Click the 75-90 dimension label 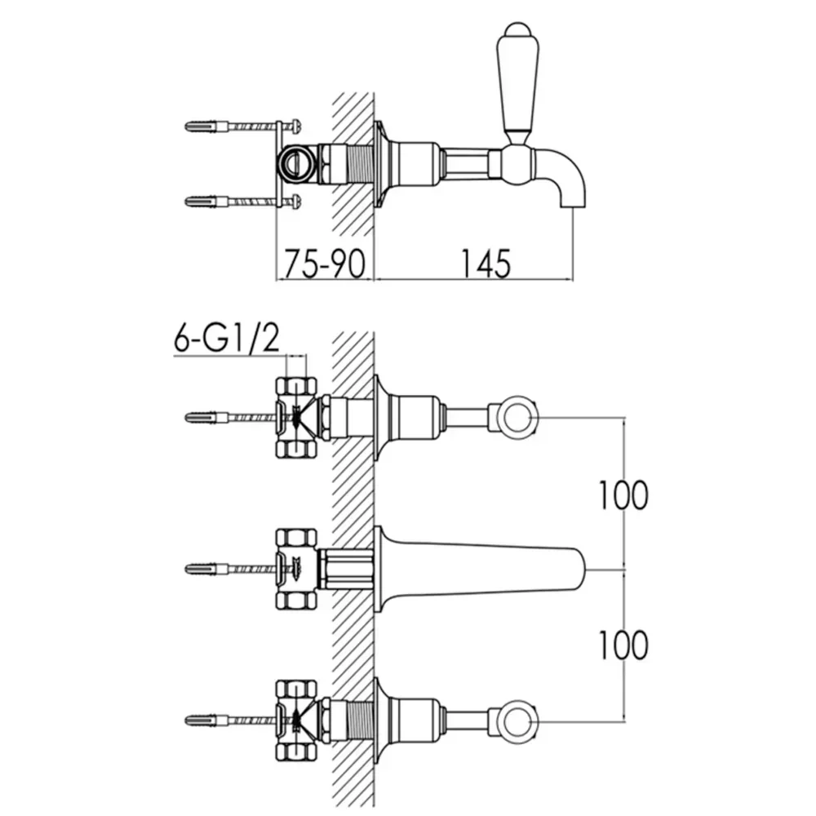[x=324, y=264]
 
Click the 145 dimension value [x=486, y=264]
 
